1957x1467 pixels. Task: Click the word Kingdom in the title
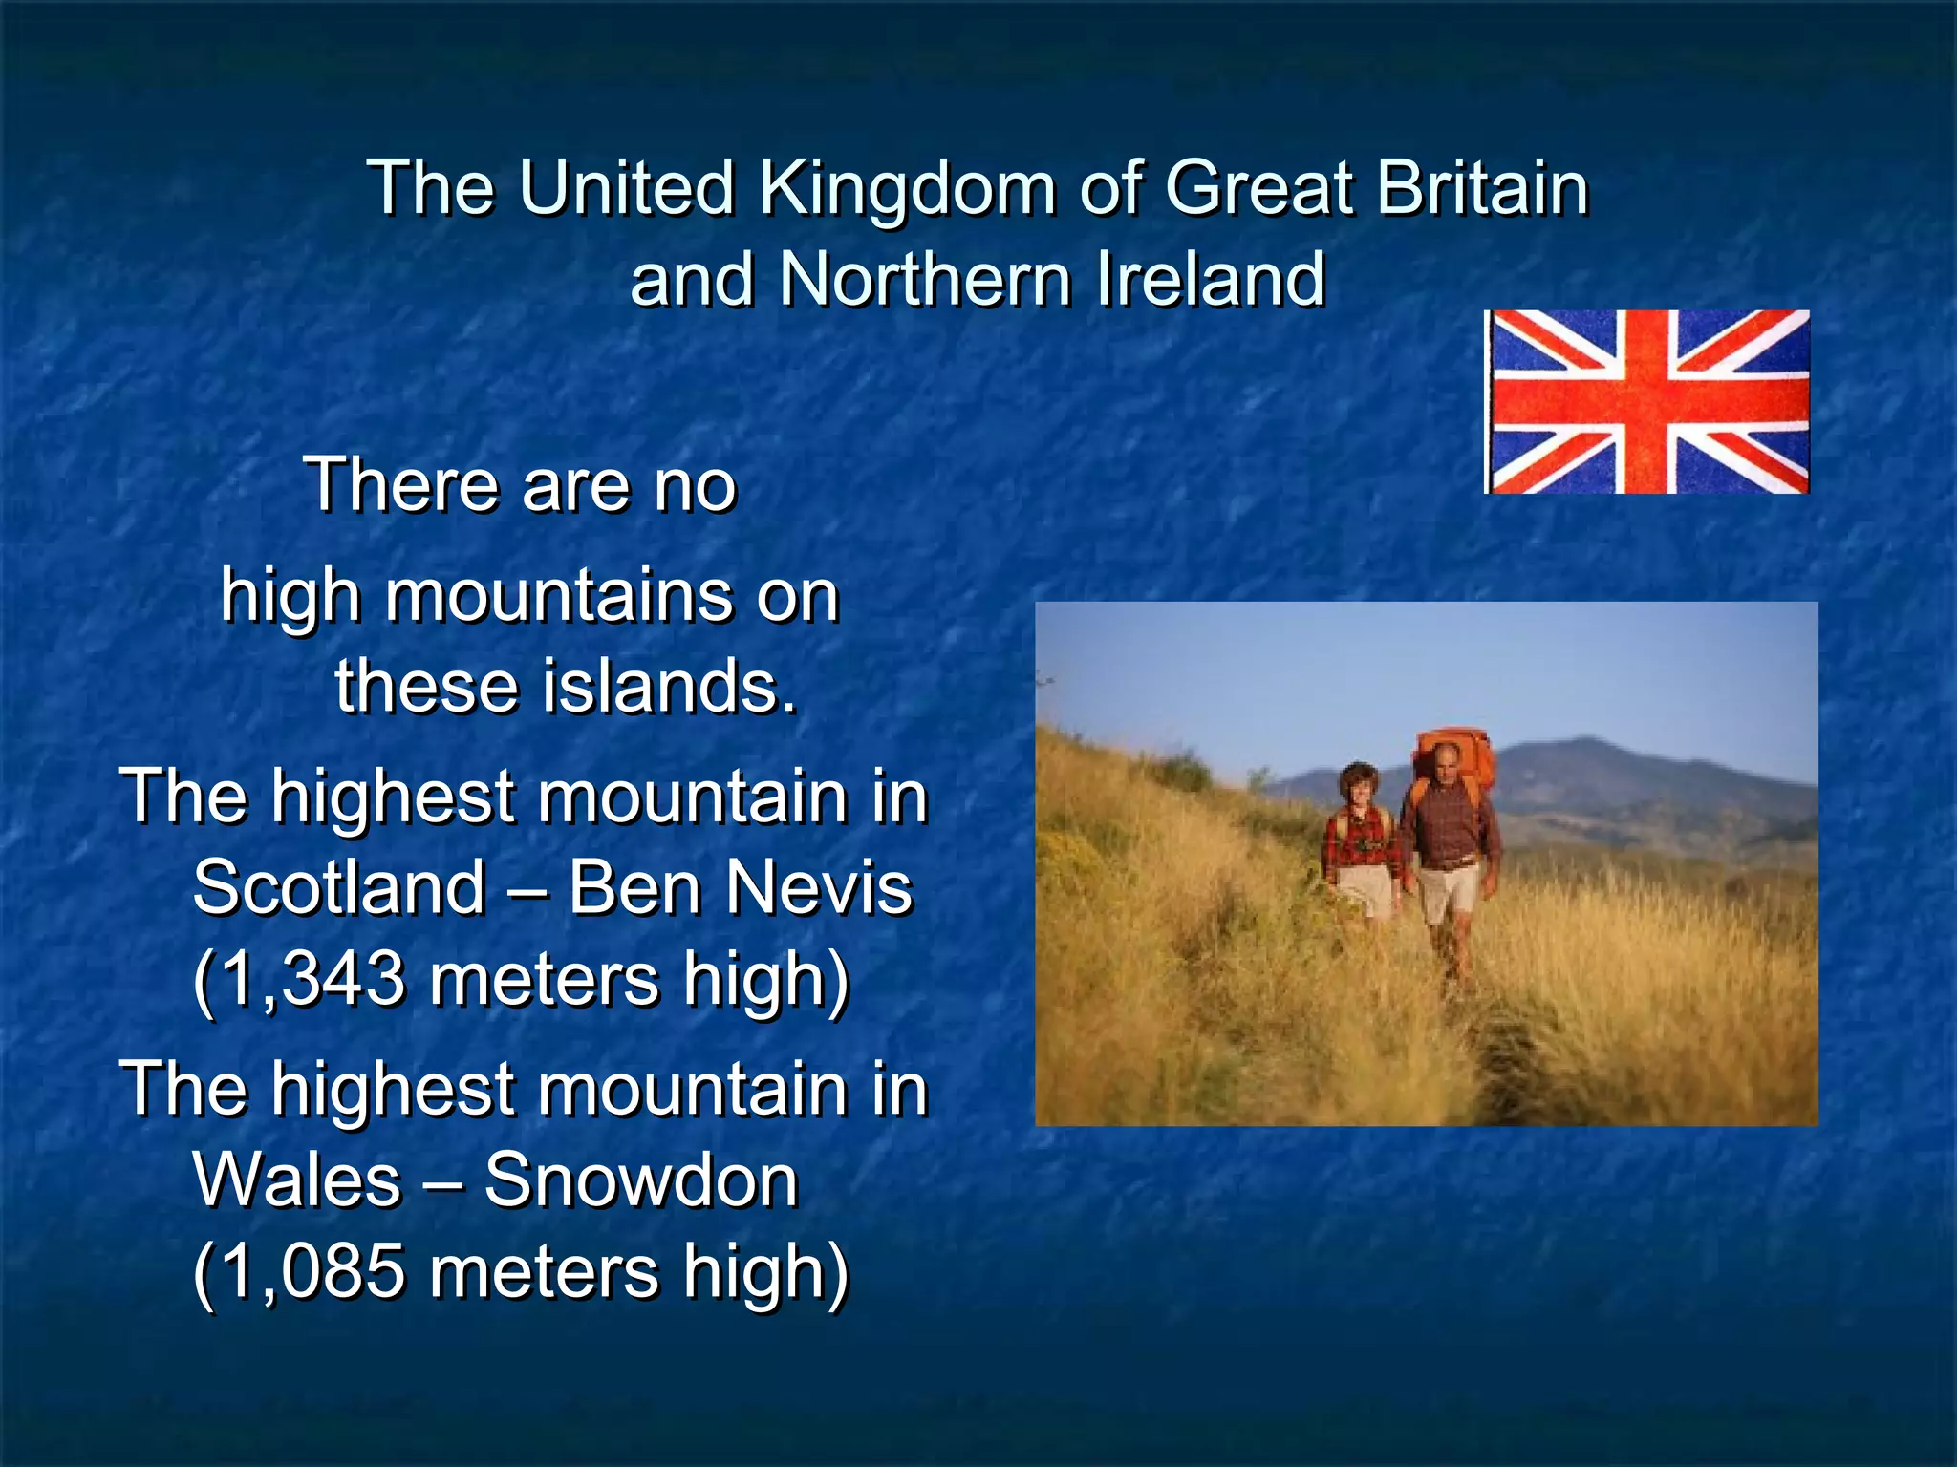tap(907, 187)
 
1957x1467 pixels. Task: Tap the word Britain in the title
tap(1482, 187)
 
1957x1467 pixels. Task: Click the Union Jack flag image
tap(1646, 402)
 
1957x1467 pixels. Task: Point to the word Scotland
tap(338, 886)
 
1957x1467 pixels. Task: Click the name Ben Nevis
tap(741, 886)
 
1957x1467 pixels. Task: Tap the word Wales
tap(297, 1180)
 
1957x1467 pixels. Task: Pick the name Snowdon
tap(640, 1180)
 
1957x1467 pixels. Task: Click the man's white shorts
tap(1447, 894)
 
